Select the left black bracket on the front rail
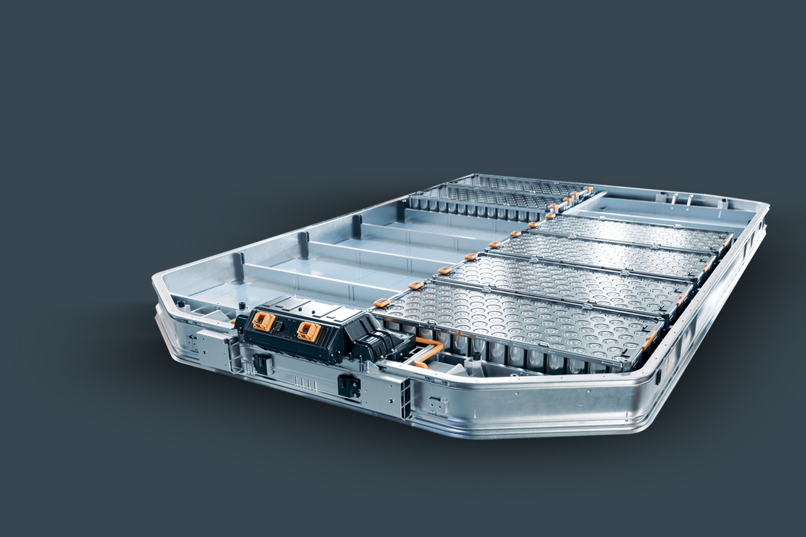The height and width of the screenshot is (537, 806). point(262,361)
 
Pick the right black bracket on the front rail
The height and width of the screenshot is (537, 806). point(349,385)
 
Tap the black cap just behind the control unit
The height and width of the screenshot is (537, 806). point(242,305)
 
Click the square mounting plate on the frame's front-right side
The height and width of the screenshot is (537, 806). point(438,406)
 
